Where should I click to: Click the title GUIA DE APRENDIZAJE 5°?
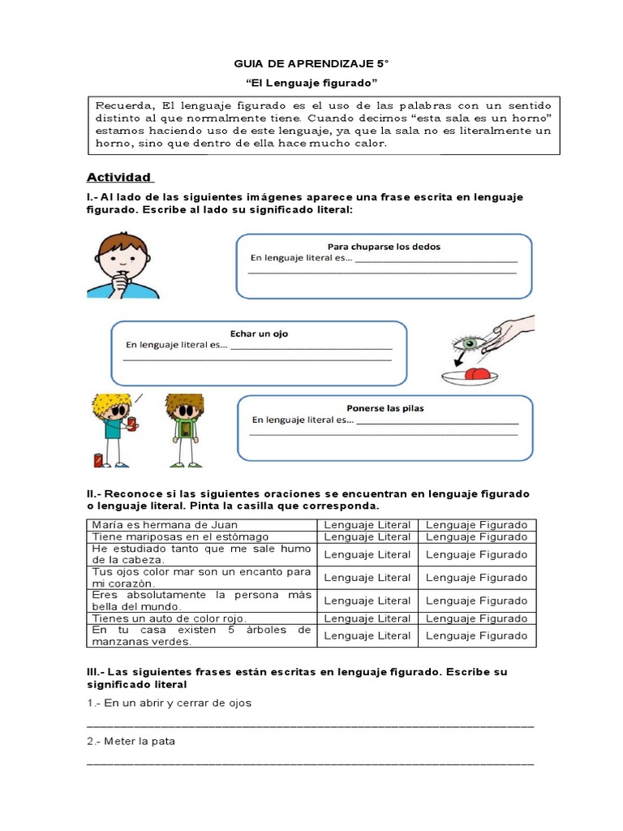click(x=311, y=63)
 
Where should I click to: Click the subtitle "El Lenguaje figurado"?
click(x=311, y=84)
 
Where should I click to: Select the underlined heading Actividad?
click(x=119, y=177)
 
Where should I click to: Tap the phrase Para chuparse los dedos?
click(x=384, y=246)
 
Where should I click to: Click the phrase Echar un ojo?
click(x=259, y=333)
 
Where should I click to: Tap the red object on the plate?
click(x=478, y=372)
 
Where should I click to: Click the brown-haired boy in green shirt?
click(x=185, y=428)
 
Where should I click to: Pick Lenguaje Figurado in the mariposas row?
click(x=476, y=536)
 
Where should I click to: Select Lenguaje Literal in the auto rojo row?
click(x=367, y=618)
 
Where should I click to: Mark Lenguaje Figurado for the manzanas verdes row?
click(x=476, y=635)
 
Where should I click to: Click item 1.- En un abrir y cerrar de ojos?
click(x=170, y=703)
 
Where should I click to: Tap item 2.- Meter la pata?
click(x=131, y=741)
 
